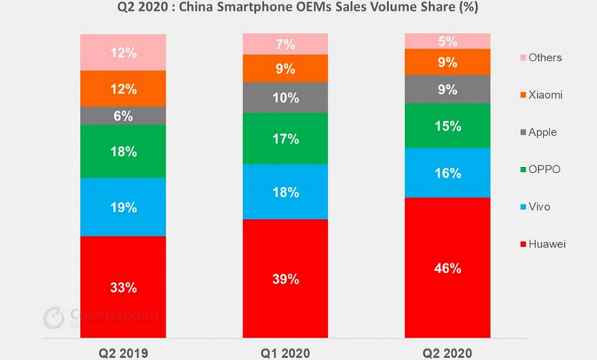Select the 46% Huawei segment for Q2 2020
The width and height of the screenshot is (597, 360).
(448, 268)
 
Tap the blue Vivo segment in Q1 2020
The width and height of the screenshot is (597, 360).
(285, 191)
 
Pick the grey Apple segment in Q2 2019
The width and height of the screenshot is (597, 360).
(122, 116)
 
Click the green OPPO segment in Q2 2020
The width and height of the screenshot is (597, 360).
(448, 125)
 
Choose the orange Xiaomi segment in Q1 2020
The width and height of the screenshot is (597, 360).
(285, 68)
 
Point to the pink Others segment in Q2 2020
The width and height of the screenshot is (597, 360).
(448, 41)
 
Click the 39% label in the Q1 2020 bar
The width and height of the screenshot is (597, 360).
(285, 279)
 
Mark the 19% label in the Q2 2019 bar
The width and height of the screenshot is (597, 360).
(122, 208)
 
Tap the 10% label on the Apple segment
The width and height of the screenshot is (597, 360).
(285, 97)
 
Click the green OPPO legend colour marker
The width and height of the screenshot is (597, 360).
(522, 169)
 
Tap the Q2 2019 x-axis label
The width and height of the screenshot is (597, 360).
(122, 352)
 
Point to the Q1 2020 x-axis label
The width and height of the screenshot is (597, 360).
(285, 352)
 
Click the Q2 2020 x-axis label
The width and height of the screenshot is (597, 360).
(448, 352)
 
